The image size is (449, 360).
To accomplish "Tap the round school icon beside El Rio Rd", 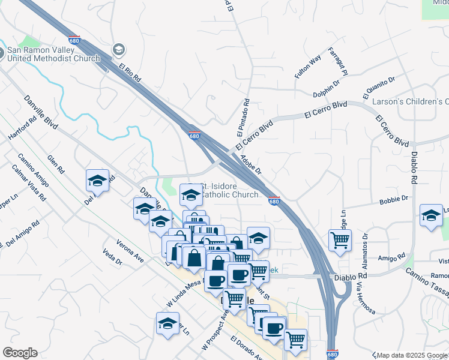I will click(x=118, y=49).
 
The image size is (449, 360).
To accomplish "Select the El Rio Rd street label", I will click(x=129, y=73).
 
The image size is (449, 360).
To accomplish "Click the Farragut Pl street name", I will click(x=338, y=62).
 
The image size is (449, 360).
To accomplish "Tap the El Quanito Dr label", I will click(x=379, y=87).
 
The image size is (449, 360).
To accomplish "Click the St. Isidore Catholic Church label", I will click(x=229, y=190).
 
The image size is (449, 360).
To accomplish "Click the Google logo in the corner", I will click(x=20, y=353).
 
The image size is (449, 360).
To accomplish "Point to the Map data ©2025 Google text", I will click(x=412, y=355).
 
